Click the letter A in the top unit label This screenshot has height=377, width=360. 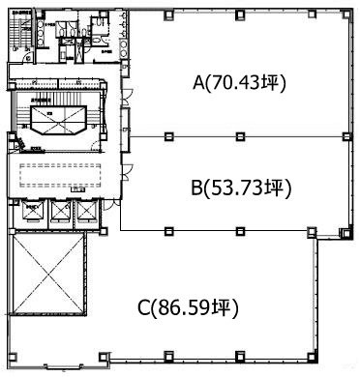[198, 84]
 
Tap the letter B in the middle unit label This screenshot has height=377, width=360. [195, 187]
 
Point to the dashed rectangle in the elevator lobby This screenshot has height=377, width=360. [62, 176]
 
